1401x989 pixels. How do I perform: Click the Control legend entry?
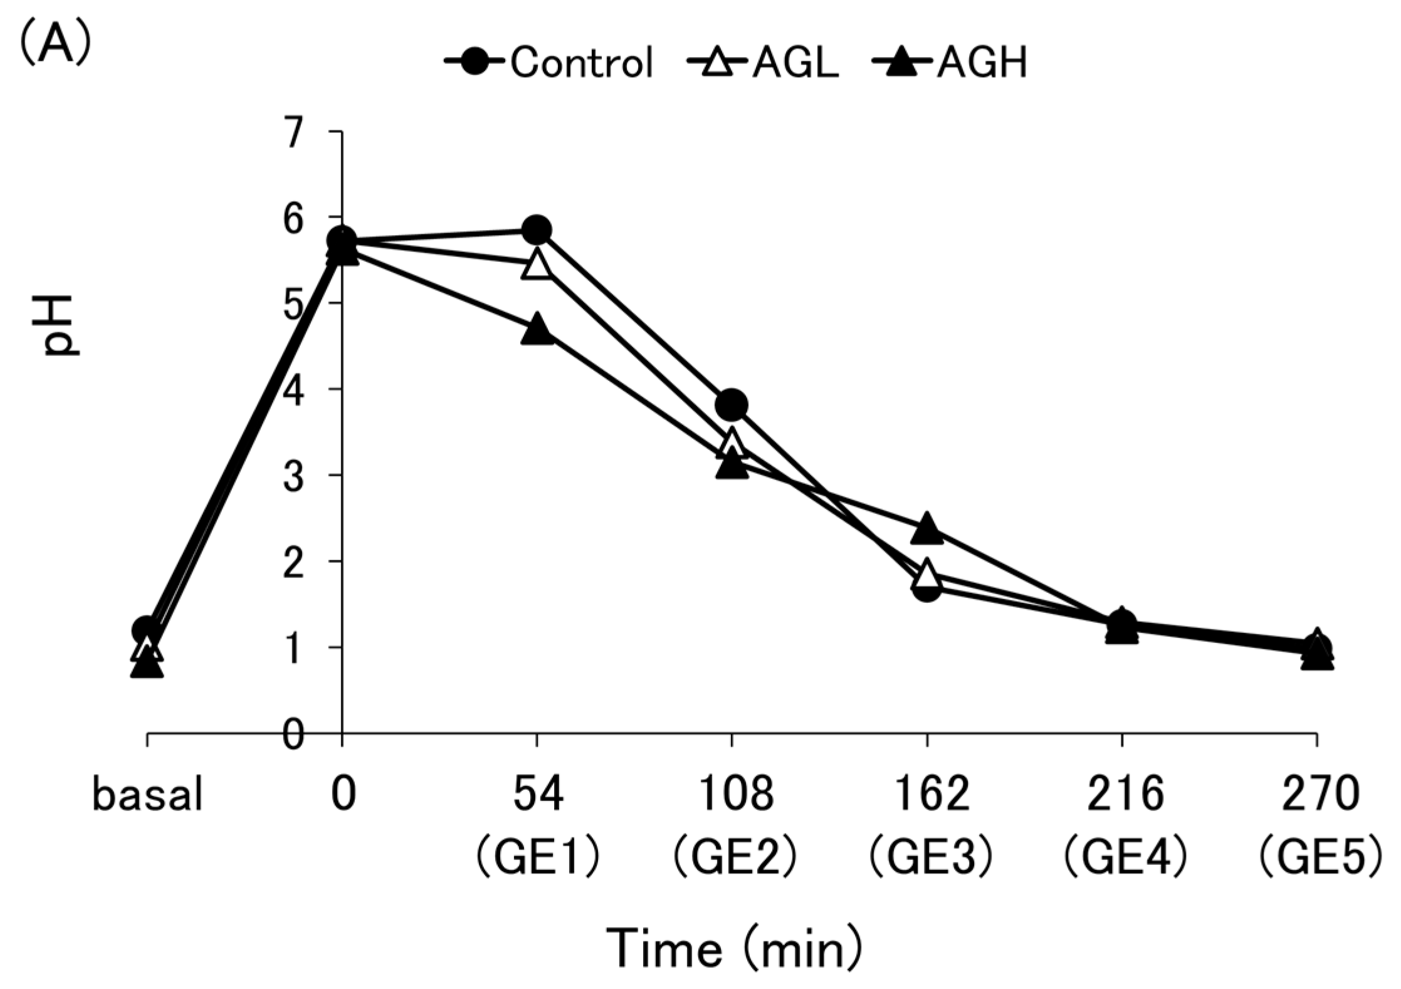pyautogui.click(x=549, y=63)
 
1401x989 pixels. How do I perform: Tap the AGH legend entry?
pyautogui.click(x=949, y=63)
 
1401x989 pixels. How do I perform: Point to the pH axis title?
pyautogui.click(x=61, y=325)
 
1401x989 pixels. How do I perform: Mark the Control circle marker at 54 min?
pyautogui.click(x=537, y=230)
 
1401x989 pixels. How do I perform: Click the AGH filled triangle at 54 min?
pyautogui.click(x=537, y=329)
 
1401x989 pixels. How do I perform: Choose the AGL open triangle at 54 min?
pyautogui.click(x=537, y=264)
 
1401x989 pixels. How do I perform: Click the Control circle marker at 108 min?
pyautogui.click(x=732, y=405)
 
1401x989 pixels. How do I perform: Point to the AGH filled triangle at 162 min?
pyautogui.click(x=927, y=528)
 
